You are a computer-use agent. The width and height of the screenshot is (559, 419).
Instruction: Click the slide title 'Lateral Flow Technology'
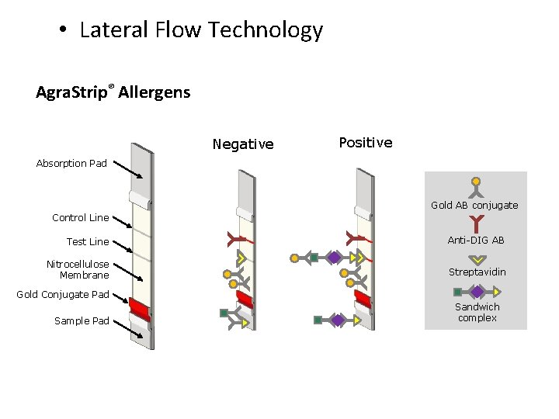coord(201,30)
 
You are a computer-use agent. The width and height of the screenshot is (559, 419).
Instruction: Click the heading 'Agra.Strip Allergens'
coord(113,93)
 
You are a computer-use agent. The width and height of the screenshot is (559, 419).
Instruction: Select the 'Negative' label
coord(243,144)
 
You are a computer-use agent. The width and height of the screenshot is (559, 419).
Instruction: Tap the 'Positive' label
coord(366,143)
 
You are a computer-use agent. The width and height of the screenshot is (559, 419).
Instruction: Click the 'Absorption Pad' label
coord(71,164)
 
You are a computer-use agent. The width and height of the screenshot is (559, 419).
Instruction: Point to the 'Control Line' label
coord(80,217)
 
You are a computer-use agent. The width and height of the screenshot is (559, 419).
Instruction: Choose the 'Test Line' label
coord(88,241)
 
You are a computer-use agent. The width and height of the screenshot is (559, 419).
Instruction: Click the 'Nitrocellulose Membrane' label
coord(78,269)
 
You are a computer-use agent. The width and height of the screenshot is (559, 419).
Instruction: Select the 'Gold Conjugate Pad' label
coord(63,295)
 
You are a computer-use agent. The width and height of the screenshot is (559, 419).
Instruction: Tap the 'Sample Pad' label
coord(82,320)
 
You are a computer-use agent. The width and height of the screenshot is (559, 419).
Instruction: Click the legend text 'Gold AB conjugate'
coord(474,206)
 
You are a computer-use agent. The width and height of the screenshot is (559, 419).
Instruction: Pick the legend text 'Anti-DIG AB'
coord(476,241)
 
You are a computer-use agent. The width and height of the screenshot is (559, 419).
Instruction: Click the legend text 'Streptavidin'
coord(476,272)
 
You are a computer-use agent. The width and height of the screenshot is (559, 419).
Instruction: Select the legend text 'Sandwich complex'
coord(477,312)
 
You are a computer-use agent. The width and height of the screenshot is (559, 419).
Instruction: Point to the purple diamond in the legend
coord(477,292)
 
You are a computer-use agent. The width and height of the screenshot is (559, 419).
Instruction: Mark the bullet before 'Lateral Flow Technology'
coord(62,31)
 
